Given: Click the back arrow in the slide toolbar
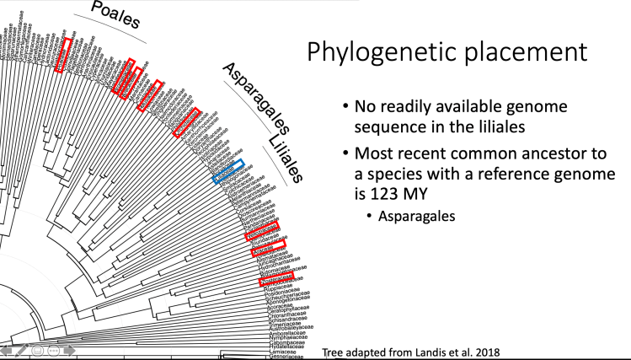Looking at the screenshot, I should click(7, 351).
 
